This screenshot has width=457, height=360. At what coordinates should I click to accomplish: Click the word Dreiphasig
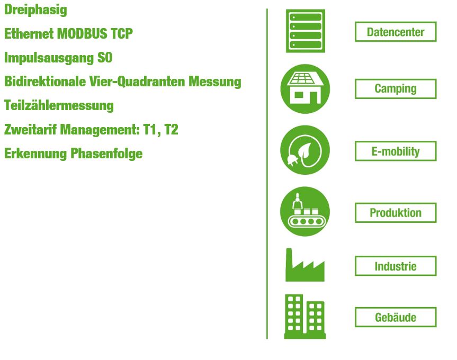[x=35, y=10]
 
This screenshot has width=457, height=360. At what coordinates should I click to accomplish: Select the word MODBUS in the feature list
[x=82, y=33]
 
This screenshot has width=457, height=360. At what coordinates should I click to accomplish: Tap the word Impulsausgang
[x=49, y=58]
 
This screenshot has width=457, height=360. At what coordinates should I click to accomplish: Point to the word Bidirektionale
[x=45, y=81]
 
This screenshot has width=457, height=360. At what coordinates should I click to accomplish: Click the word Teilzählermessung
[x=59, y=106]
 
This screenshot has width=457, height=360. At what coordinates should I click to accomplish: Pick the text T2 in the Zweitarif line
[x=171, y=130]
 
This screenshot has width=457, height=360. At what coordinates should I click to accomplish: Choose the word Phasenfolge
[x=106, y=154]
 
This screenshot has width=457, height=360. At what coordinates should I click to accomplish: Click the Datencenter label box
[x=396, y=32]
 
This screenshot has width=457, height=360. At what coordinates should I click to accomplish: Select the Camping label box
[x=396, y=89]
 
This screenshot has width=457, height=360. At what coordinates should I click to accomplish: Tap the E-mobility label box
[x=396, y=151]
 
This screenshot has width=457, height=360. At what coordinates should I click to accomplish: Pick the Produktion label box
[x=396, y=213]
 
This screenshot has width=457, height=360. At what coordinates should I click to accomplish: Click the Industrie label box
[x=396, y=266]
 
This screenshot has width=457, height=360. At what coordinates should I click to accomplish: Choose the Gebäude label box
[x=396, y=317]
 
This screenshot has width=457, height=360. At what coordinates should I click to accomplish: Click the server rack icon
[x=306, y=31]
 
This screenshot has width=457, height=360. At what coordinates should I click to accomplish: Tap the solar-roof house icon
[x=305, y=89]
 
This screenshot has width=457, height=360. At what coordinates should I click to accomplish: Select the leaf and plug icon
[x=305, y=150]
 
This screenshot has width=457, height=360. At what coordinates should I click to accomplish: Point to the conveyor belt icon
[x=305, y=211]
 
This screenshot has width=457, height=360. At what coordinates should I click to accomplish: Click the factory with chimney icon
[x=305, y=265]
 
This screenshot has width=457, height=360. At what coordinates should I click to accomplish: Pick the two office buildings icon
[x=305, y=317]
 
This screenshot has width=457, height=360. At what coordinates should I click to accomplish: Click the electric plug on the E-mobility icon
[x=291, y=159]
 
